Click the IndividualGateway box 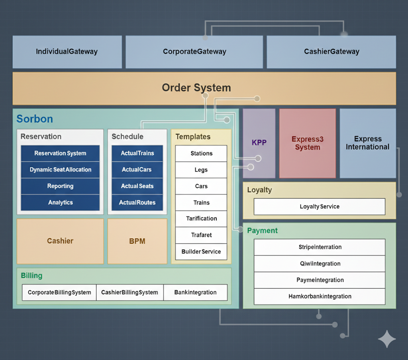point(67,52)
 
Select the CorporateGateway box point(194,52)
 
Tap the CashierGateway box point(331,52)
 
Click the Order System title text point(196,88)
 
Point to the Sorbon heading point(35,119)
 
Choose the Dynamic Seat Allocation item point(60,170)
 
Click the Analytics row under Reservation point(60,202)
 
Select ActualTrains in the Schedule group point(137,153)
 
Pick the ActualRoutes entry point(137,202)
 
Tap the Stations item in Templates point(201,153)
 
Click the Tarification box point(201,219)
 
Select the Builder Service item point(201,252)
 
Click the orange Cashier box point(60,241)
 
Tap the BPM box point(137,241)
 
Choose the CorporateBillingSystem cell point(59,292)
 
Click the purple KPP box point(259,143)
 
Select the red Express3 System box point(307,143)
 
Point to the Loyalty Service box point(320,207)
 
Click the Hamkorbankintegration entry point(320,296)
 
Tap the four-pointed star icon point(386,339)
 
